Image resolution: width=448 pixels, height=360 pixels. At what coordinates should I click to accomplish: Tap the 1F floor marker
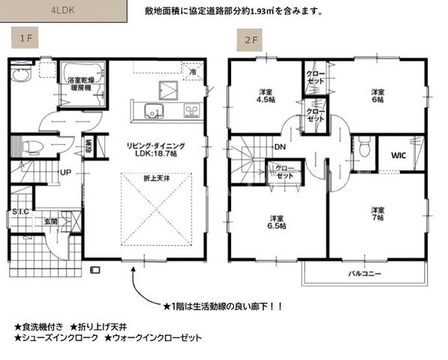[x=26, y=37]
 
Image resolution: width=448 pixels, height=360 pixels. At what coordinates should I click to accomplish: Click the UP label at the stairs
[x=65, y=172]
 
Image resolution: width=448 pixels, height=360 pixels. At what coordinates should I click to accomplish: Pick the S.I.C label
[x=20, y=212]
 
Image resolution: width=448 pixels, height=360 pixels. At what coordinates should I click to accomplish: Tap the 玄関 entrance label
[x=50, y=221]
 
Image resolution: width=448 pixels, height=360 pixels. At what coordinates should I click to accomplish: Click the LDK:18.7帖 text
[x=161, y=152]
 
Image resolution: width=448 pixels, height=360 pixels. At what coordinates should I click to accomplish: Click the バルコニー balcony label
[x=365, y=274]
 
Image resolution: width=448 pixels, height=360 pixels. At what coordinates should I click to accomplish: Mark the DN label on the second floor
[x=257, y=147]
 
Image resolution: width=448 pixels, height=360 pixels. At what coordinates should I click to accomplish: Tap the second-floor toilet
[x=363, y=149]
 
